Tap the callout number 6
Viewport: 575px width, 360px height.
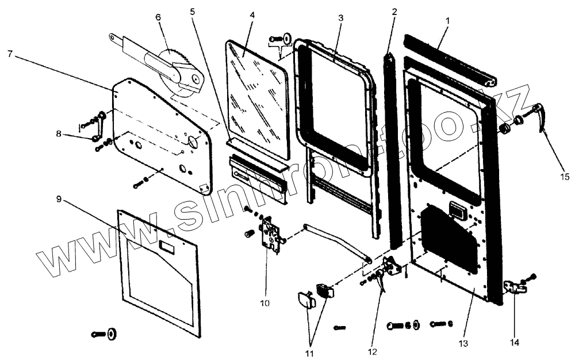click(x=158, y=17)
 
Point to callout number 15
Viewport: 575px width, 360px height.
click(x=566, y=177)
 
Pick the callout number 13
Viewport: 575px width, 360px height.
click(x=464, y=343)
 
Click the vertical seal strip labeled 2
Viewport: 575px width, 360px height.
click(x=394, y=144)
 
